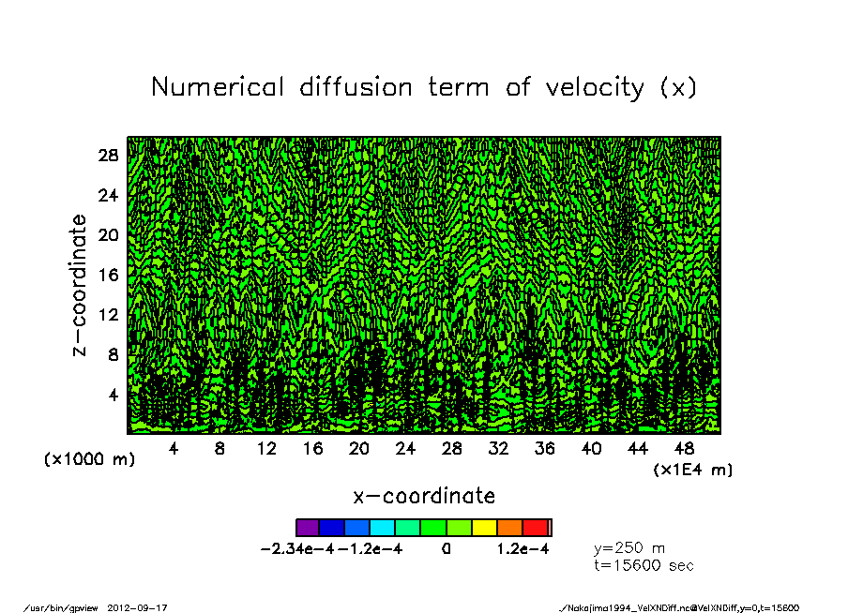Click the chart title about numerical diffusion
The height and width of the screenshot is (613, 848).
(x=423, y=87)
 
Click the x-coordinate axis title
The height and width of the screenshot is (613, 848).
(x=423, y=495)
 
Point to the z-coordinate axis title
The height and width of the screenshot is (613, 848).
(x=80, y=285)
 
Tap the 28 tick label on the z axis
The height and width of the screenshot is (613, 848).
(x=108, y=155)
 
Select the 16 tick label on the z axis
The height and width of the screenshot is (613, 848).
(x=108, y=275)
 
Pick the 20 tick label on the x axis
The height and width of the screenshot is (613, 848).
(x=359, y=449)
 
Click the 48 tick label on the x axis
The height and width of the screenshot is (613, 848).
(x=684, y=449)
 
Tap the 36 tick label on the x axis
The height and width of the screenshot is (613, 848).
(x=545, y=449)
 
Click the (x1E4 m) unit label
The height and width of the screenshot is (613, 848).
(x=692, y=469)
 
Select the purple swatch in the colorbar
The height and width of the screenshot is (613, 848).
(x=308, y=528)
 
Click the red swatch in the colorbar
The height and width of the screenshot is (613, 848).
(x=535, y=528)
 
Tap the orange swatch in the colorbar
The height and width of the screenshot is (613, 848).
(x=509, y=528)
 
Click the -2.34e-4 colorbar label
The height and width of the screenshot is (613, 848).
(x=298, y=549)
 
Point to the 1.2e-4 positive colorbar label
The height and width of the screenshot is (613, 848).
(x=522, y=549)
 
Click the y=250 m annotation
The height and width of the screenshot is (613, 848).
(x=629, y=548)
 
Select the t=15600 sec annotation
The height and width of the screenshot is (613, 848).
(x=644, y=565)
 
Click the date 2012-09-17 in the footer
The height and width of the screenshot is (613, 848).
(x=144, y=606)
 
